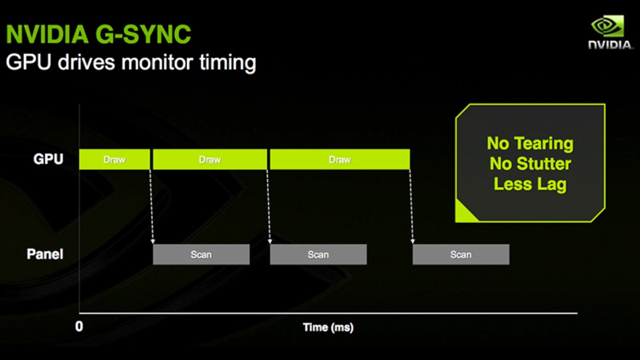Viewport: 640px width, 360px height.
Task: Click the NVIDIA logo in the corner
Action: point(610,32)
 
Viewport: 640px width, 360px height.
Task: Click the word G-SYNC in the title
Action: point(143,34)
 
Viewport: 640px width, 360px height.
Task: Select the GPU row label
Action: point(48,159)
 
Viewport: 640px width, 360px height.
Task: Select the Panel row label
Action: point(45,254)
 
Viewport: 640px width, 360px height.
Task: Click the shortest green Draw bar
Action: point(115,159)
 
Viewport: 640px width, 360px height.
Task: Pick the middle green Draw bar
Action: point(210,159)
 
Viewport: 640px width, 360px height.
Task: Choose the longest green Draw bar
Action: point(340,159)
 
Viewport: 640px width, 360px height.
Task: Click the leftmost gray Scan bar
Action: point(201,254)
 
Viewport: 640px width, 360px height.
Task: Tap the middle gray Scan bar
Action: point(318,254)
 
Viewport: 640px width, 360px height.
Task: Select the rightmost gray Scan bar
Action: point(461,254)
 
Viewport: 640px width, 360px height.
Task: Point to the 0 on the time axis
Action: point(79,326)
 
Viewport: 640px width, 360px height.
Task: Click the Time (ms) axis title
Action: point(329,327)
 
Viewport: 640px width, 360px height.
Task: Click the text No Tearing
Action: point(530,143)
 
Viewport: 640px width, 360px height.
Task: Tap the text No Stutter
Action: point(530,164)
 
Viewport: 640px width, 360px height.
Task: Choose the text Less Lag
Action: point(530,185)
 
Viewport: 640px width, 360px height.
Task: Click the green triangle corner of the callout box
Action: point(463,213)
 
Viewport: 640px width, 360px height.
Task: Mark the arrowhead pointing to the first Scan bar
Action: point(153,242)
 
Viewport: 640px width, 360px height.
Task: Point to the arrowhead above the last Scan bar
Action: point(413,242)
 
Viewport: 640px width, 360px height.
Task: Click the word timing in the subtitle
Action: point(228,62)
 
